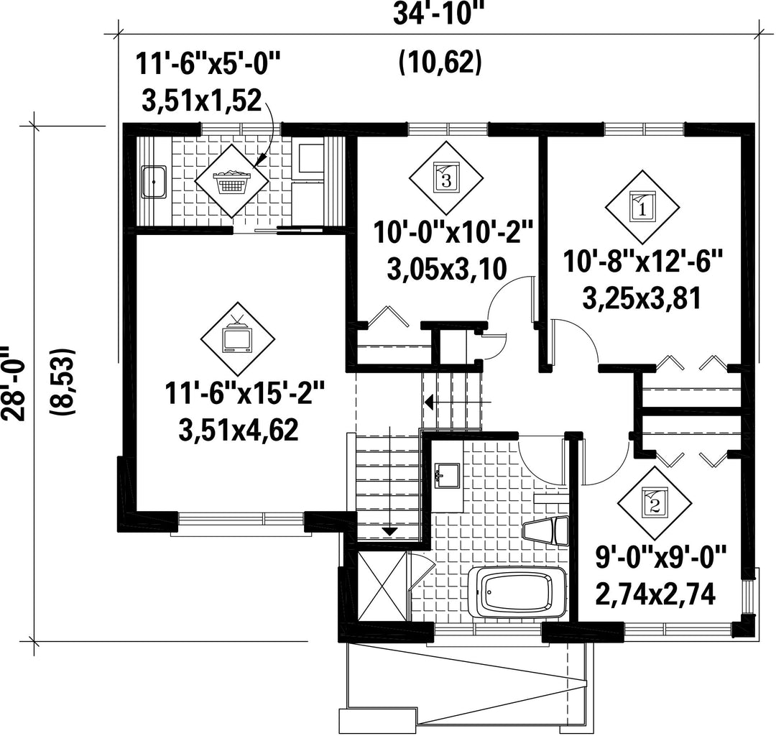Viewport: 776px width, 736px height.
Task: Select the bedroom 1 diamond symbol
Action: click(x=642, y=208)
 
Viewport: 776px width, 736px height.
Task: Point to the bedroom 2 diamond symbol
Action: click(x=655, y=503)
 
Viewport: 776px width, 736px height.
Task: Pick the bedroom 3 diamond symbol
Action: click(x=446, y=178)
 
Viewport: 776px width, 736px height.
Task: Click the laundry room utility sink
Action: click(x=154, y=182)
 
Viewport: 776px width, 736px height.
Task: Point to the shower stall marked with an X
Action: click(x=382, y=584)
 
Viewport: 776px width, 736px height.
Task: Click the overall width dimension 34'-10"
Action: click(x=438, y=14)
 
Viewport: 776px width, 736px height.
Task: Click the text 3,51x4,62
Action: click(x=239, y=430)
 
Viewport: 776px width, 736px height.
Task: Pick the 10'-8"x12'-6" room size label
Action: click(x=643, y=261)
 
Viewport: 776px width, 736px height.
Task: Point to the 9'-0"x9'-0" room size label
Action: click(x=660, y=557)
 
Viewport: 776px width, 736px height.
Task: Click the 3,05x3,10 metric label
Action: click(x=447, y=270)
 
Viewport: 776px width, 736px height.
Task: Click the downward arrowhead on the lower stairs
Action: click(x=390, y=532)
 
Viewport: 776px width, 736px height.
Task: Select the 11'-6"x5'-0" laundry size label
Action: click(x=208, y=65)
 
